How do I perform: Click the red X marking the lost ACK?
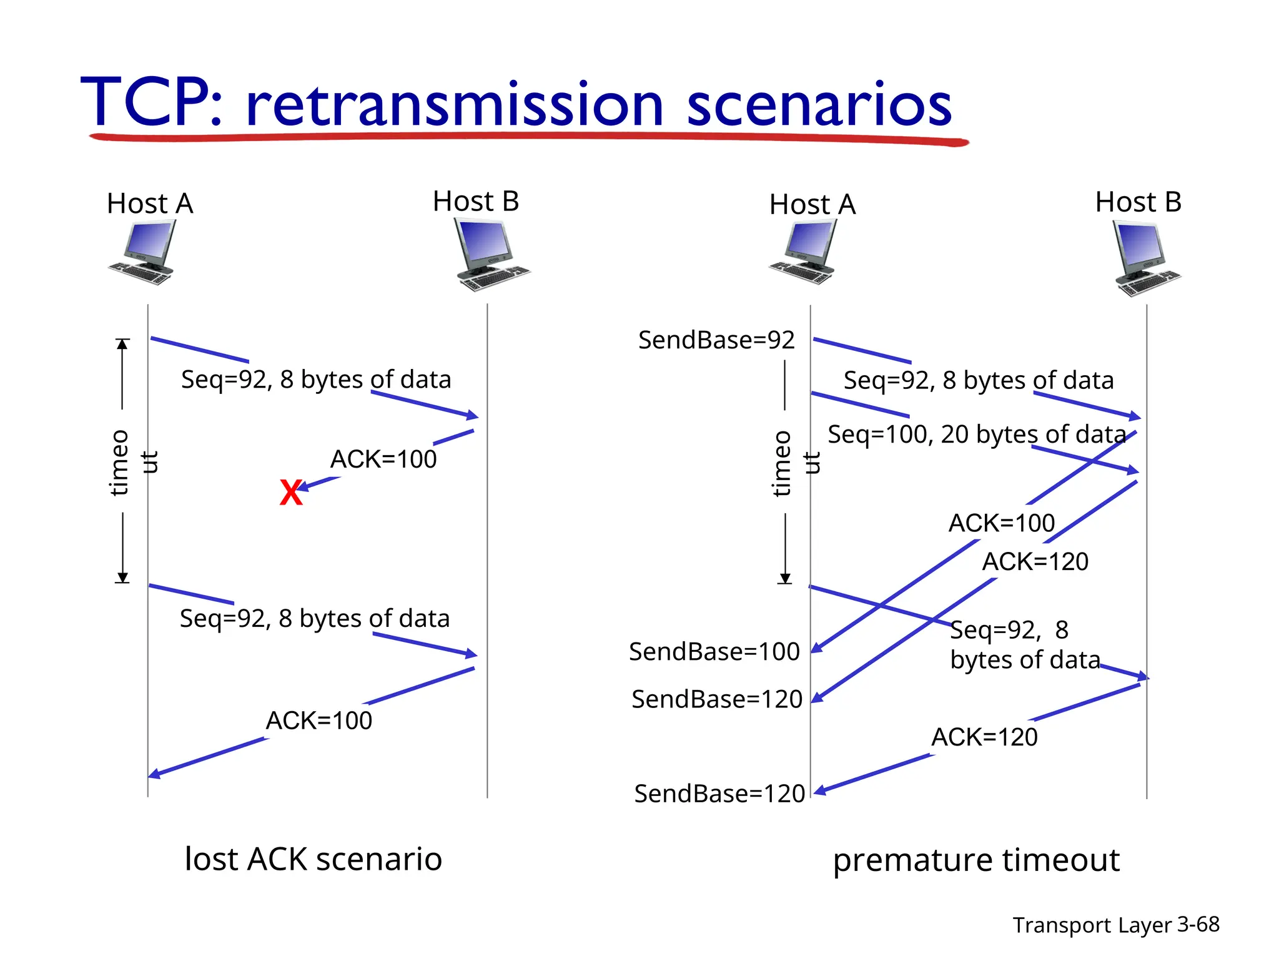point(290,493)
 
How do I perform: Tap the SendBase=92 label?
point(716,340)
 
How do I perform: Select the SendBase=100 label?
point(714,652)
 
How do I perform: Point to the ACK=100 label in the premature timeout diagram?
point(1001,523)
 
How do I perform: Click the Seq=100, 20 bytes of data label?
point(976,435)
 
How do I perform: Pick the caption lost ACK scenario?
point(314,859)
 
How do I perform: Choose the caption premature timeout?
point(976,860)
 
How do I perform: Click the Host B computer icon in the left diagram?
point(490,255)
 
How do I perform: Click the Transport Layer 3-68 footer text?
point(1115,925)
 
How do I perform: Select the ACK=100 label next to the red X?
point(383,460)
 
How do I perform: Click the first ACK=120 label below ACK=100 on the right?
point(1035,562)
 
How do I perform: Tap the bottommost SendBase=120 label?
point(719,794)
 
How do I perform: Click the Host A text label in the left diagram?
point(150,204)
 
